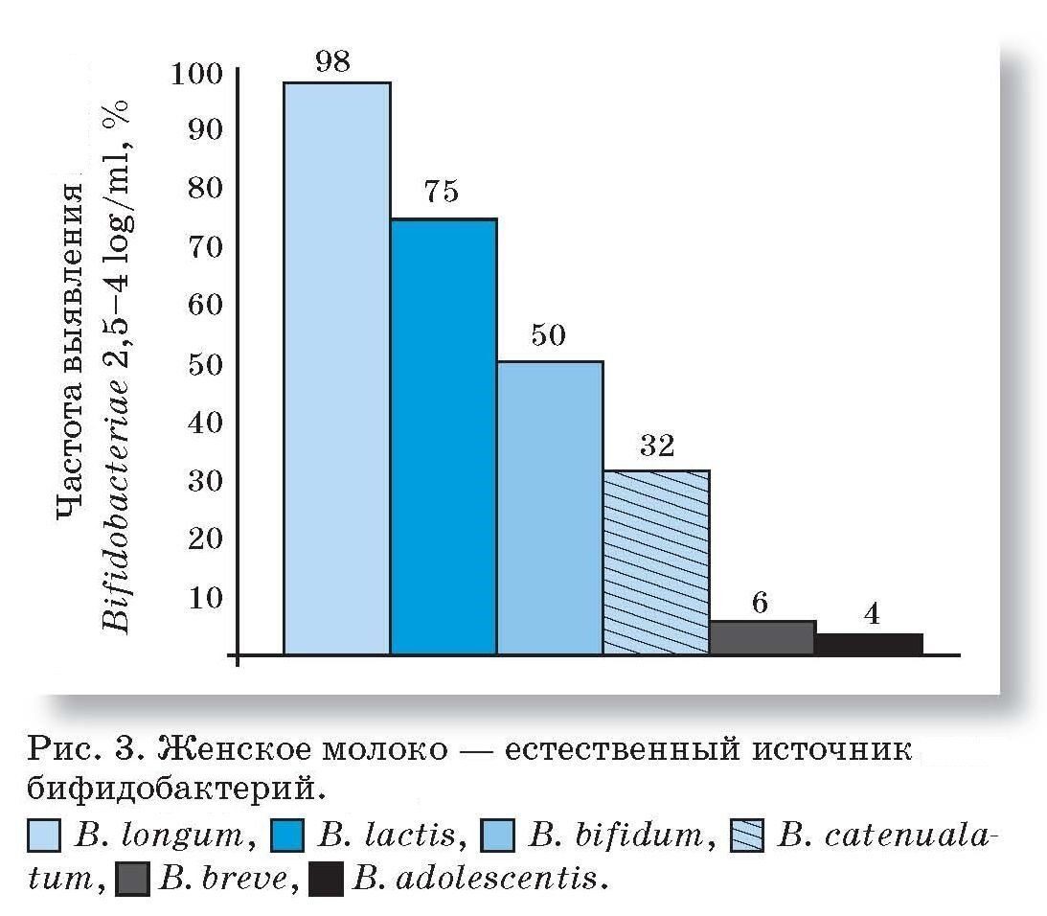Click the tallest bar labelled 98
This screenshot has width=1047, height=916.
[x=336, y=369]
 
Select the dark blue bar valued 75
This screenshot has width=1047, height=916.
[x=443, y=437]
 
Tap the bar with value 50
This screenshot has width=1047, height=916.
[x=549, y=508]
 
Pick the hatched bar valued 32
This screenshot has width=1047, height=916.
[x=655, y=562]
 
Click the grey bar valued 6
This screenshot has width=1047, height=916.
[x=762, y=638]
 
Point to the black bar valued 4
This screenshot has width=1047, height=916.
[x=869, y=644]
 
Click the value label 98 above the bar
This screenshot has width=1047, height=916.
[x=332, y=61]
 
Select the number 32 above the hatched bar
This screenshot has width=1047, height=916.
[x=656, y=446]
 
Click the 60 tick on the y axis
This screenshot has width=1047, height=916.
[x=203, y=305]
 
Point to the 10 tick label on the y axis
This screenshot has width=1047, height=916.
[x=203, y=598]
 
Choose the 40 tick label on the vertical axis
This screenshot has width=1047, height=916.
[x=203, y=422]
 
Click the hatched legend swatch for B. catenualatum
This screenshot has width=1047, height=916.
[x=748, y=836]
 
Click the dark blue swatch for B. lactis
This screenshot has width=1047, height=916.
[x=288, y=836]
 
